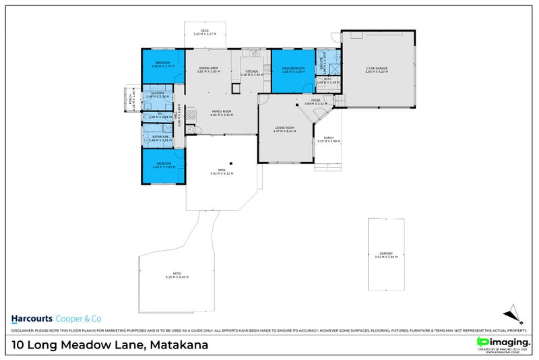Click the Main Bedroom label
click(293, 69)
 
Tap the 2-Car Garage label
click(376, 69)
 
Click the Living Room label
click(284, 129)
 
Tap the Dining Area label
click(208, 69)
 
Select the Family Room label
click(222, 113)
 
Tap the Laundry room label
click(157, 94)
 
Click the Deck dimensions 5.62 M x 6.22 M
click(222, 174)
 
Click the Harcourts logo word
click(32, 318)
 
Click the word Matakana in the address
click(178, 346)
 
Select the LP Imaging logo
click(502, 343)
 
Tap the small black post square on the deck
click(230, 162)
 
